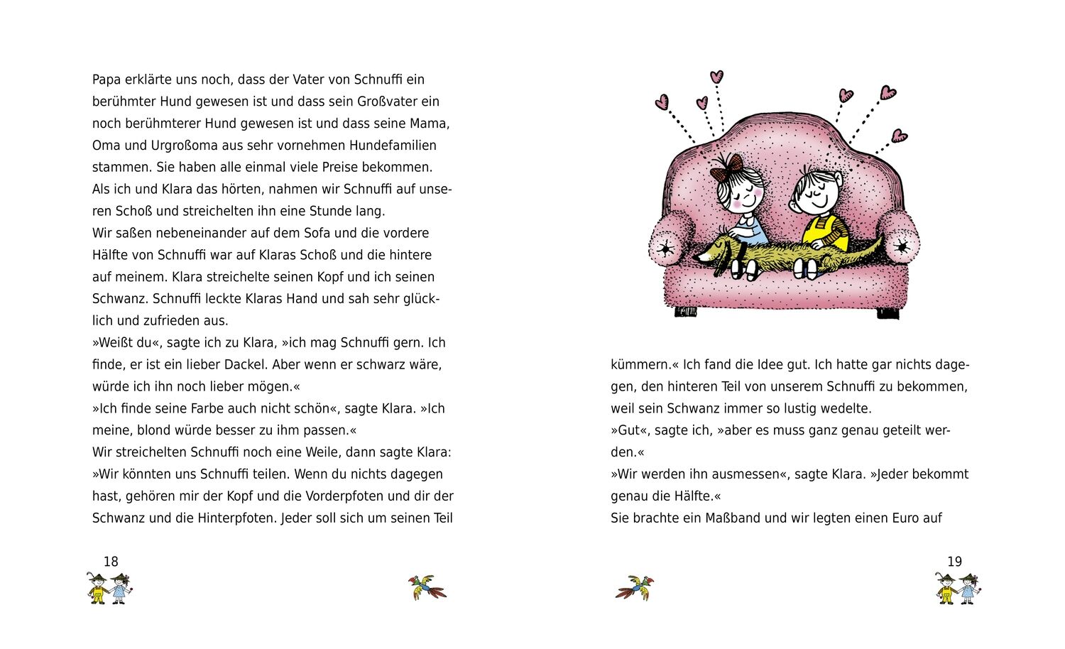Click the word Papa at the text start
(106, 80)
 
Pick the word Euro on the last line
(904, 518)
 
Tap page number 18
(111, 562)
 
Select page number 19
(954, 562)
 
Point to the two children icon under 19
(958, 589)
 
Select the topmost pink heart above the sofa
(717, 76)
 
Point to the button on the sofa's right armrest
(901, 246)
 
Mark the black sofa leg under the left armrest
(685, 311)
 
